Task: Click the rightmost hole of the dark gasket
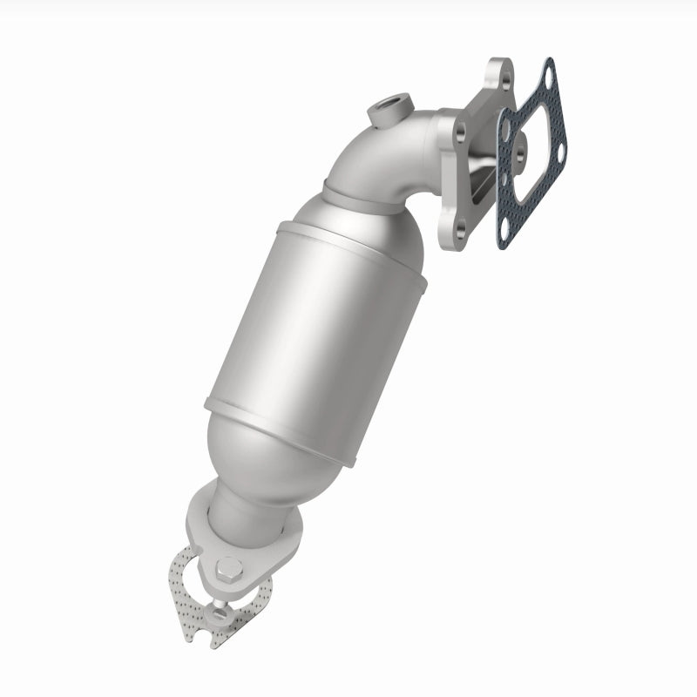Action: tap(558, 154)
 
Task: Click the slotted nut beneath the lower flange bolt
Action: tap(221, 615)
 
